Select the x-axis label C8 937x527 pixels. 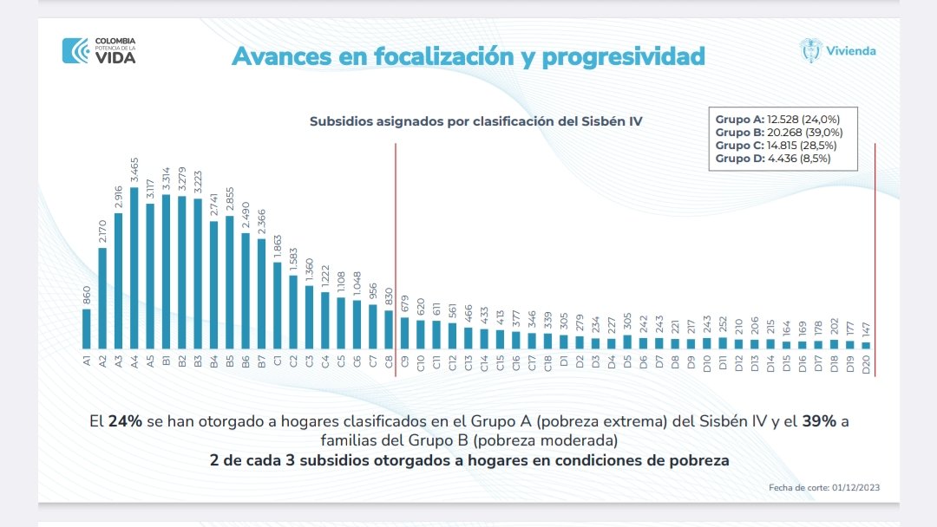[x=388, y=362]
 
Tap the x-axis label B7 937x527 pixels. [x=261, y=362]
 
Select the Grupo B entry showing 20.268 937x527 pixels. [x=778, y=132]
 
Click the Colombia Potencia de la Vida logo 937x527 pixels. [x=99, y=50]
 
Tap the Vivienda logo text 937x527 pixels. [x=850, y=50]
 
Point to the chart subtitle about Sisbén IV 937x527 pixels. [x=475, y=121]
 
